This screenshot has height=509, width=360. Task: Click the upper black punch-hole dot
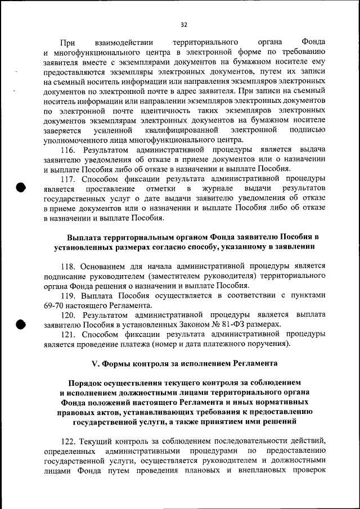pos(21,187)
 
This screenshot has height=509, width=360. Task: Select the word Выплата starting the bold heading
pos(85,237)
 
